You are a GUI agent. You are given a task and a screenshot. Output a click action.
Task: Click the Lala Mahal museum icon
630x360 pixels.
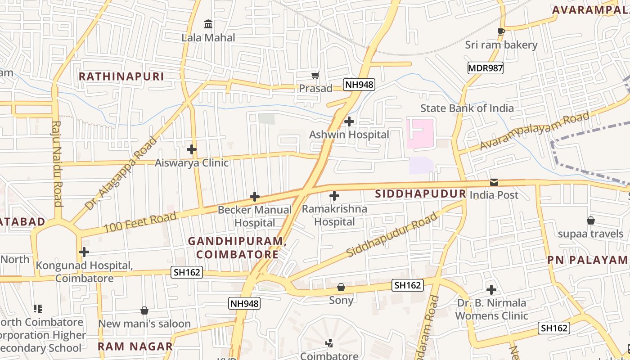(x=208, y=24)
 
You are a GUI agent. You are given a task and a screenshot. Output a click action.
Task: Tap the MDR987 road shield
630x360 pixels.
(x=485, y=68)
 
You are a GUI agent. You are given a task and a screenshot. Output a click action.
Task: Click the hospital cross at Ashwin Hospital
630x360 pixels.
(x=349, y=121)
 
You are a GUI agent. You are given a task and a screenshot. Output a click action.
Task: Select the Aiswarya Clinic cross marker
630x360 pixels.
(x=192, y=149)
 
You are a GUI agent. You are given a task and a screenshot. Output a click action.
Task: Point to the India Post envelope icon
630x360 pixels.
(x=494, y=182)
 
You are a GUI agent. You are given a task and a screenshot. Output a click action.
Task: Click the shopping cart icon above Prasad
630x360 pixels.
(x=315, y=75)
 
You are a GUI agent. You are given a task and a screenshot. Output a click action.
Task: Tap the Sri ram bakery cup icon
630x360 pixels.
(x=501, y=31)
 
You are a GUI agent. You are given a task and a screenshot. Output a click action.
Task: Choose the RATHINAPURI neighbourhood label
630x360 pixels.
(x=121, y=76)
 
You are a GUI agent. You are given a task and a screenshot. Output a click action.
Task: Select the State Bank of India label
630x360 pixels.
(x=467, y=108)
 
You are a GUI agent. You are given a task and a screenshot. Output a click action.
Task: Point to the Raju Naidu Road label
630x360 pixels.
(x=57, y=163)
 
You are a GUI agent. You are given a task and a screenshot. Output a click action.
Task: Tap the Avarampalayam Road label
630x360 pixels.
(x=534, y=131)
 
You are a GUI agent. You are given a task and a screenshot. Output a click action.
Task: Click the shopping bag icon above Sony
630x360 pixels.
(x=341, y=287)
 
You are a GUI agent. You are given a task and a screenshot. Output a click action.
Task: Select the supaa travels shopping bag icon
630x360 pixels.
(x=591, y=220)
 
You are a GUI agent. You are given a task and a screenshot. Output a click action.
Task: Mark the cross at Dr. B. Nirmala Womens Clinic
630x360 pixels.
(x=491, y=289)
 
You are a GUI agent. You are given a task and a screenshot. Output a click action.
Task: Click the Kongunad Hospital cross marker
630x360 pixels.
(x=84, y=252)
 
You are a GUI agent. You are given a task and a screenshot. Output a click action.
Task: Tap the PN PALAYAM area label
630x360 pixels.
(x=587, y=260)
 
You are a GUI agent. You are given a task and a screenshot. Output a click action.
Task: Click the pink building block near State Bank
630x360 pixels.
(x=420, y=134)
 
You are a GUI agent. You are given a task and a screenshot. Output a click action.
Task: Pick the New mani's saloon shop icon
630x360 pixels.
(x=144, y=310)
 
